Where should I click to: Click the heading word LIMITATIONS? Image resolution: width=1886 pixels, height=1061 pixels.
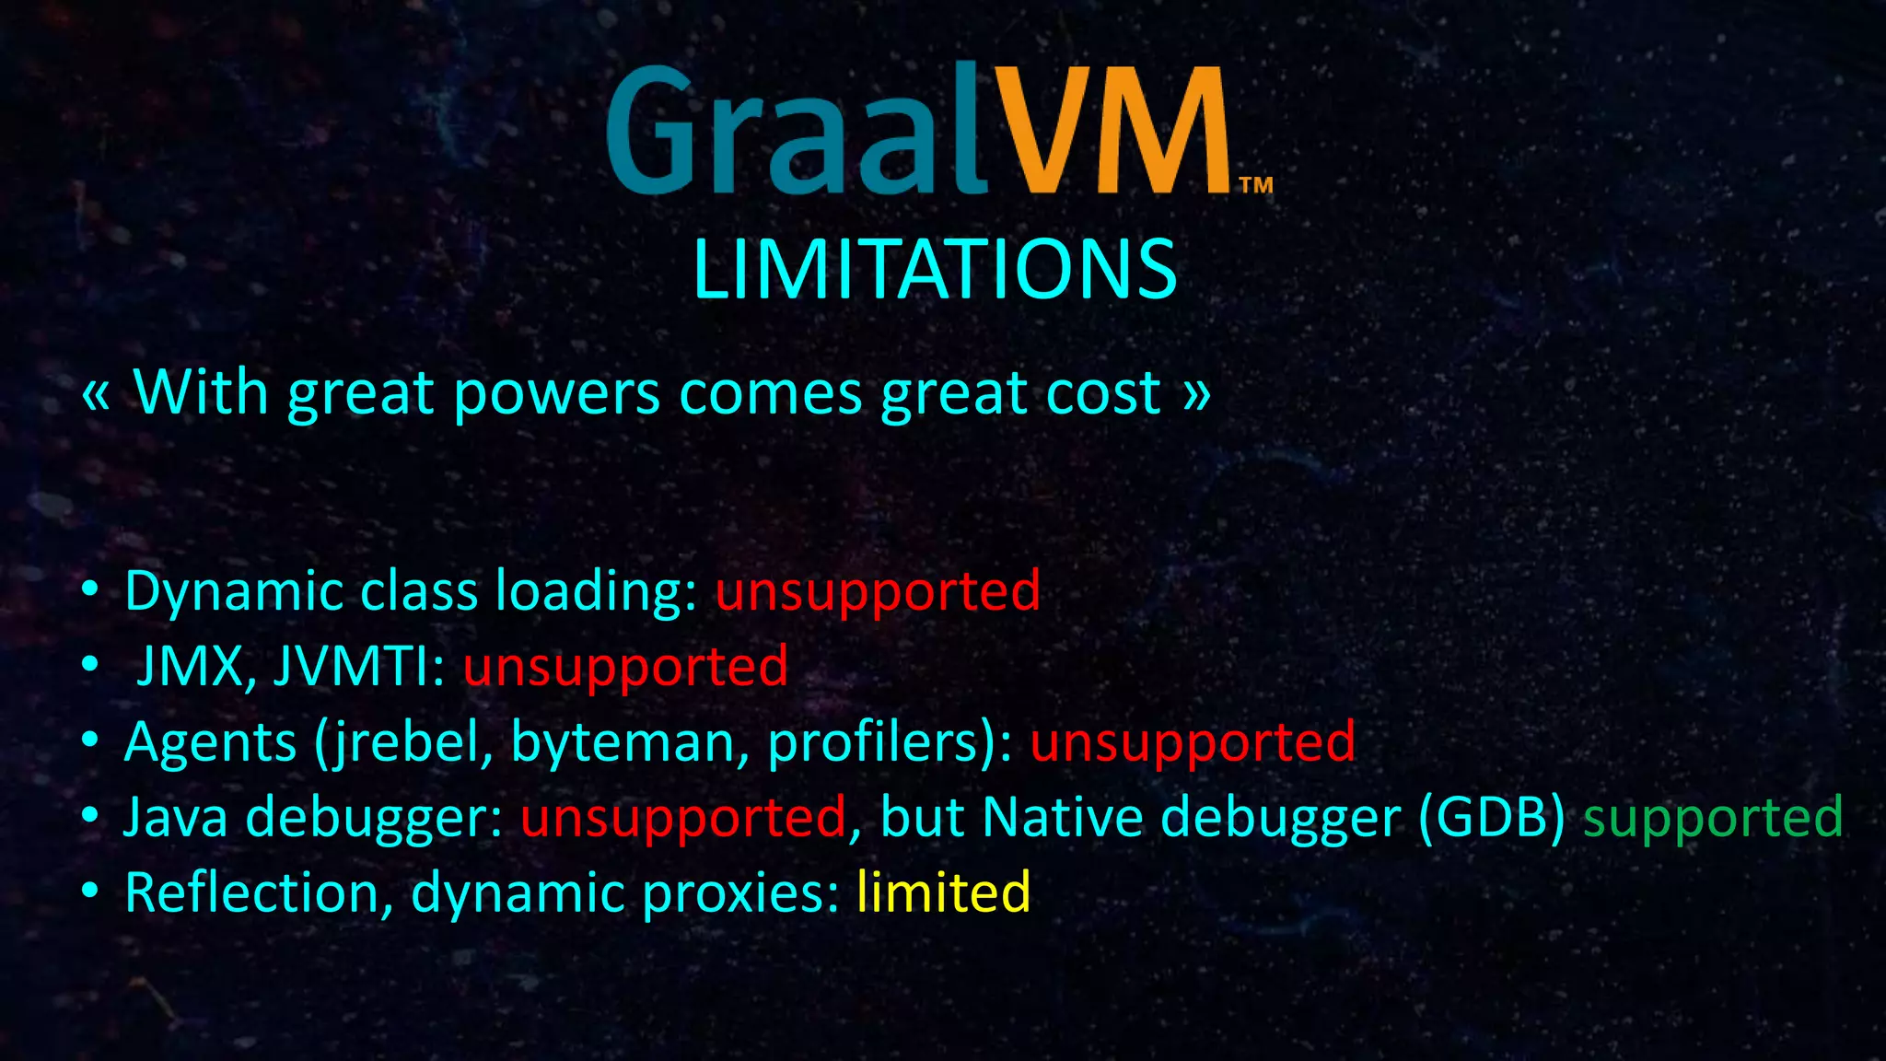[x=934, y=269]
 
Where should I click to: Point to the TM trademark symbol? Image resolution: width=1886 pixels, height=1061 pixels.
[x=1256, y=185]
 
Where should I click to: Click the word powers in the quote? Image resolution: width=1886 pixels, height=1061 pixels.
[x=556, y=394]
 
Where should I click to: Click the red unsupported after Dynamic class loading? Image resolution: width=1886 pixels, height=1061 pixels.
[x=878, y=591]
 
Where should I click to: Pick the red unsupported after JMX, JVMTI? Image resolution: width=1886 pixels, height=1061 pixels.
[x=625, y=667]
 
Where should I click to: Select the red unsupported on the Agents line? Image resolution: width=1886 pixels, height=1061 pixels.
[x=1193, y=742]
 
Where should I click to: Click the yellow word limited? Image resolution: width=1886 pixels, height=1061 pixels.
[x=943, y=892]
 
